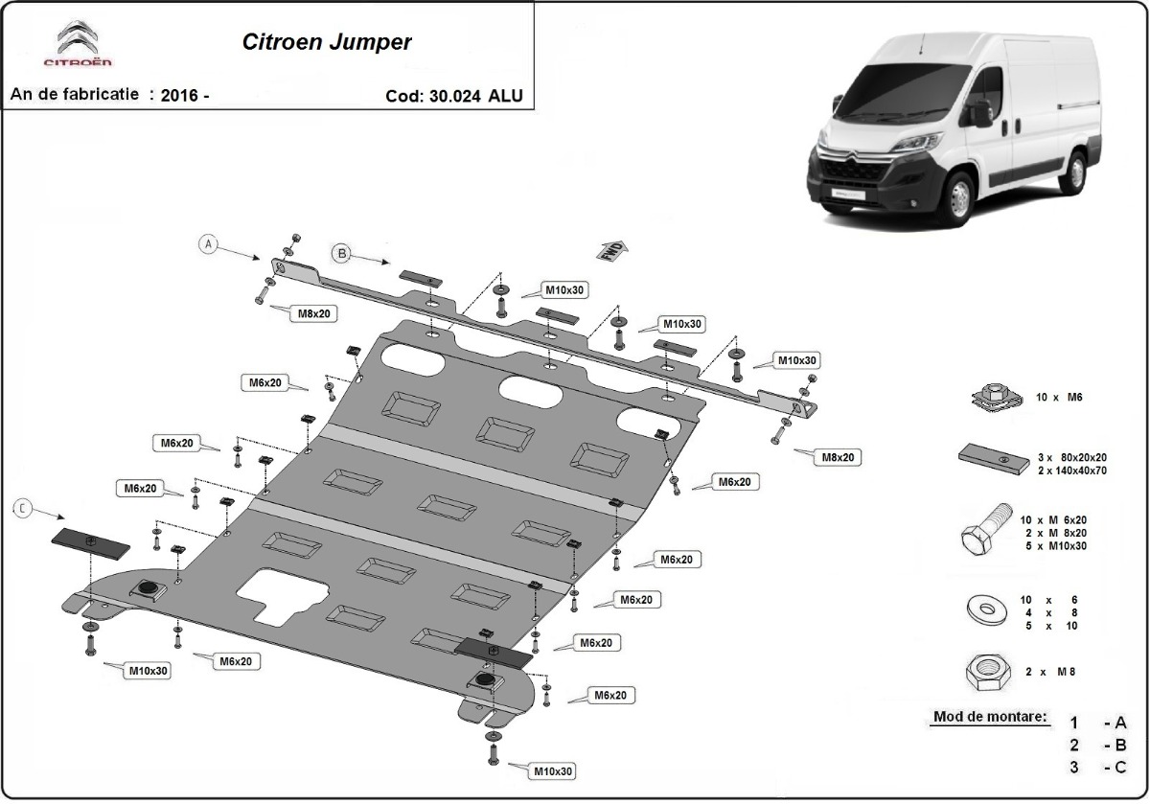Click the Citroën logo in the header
point(78,46)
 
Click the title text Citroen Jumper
point(325,42)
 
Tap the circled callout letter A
point(209,244)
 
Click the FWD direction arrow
point(611,250)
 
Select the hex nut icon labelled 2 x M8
point(986,674)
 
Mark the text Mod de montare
point(989,717)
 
